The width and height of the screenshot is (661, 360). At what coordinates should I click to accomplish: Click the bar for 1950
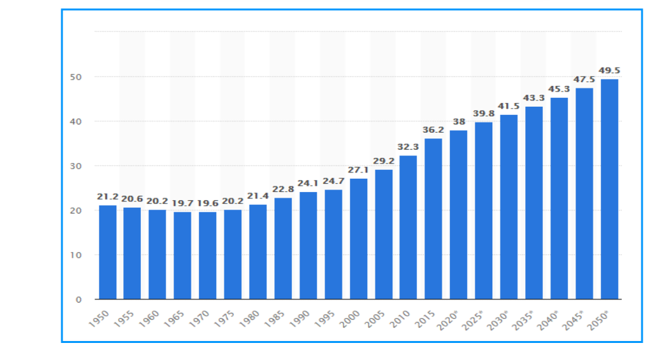107,252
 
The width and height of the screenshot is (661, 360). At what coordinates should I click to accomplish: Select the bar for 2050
609,189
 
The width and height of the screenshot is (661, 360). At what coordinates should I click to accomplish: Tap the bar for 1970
208,255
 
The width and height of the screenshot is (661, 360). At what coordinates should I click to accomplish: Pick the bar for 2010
408,227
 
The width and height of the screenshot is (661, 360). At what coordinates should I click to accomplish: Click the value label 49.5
610,69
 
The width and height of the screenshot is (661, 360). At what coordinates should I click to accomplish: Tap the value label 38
459,121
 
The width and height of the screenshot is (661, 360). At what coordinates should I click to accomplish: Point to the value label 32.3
408,147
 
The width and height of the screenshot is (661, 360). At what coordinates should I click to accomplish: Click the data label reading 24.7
334,181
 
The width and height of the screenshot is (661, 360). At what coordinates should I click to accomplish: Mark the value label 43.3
534,97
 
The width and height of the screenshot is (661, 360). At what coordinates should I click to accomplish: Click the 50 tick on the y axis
79,77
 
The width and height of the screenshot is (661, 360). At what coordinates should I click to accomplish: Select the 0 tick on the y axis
79,299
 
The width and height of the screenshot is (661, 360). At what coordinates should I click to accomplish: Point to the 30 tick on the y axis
79,166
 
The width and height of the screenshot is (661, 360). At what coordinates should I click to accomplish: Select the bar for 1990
308,246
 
